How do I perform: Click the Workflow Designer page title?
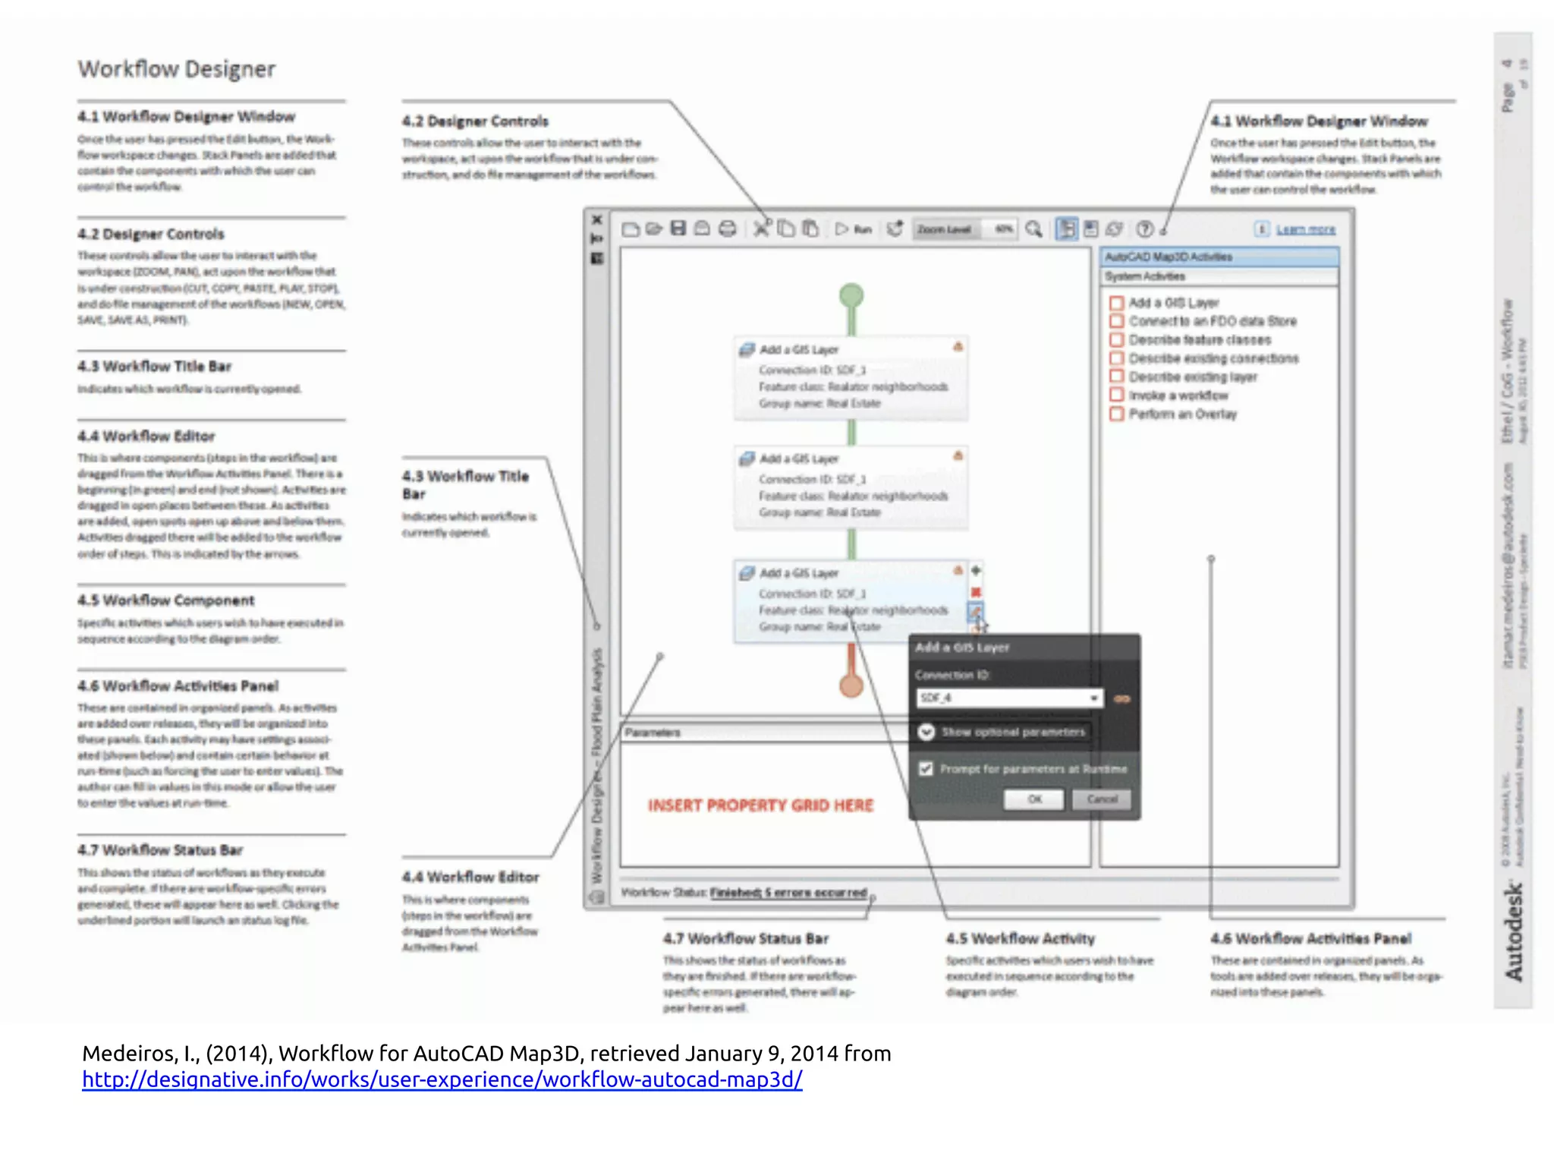coord(177,69)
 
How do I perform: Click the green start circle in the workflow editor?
coord(851,295)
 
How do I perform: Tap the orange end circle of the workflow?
coord(851,685)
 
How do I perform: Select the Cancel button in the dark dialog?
coord(1102,799)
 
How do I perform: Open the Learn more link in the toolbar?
coord(1305,229)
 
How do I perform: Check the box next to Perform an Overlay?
coord(1116,414)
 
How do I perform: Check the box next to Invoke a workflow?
coord(1116,395)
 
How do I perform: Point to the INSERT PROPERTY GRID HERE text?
coord(760,805)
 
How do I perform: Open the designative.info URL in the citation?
coord(442,1079)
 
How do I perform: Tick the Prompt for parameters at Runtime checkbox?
coord(926,769)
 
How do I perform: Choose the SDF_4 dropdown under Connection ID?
coord(1008,698)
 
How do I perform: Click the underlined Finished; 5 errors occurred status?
coord(788,893)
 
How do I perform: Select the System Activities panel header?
coord(1219,276)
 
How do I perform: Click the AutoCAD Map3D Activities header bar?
coord(1219,257)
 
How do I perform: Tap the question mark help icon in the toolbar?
coord(1144,229)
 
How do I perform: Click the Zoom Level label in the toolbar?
coord(944,229)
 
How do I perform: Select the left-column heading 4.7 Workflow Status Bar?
coord(160,850)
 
